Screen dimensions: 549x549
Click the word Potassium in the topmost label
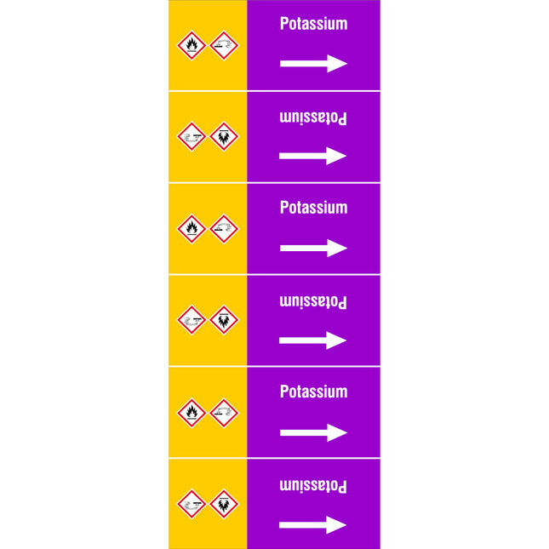[x=314, y=24]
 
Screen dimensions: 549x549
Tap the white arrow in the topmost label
[x=314, y=63]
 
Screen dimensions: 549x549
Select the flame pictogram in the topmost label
[x=192, y=45]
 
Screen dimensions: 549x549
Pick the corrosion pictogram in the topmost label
[x=224, y=45]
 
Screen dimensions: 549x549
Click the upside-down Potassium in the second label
[x=313, y=118]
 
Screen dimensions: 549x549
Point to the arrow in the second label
[x=312, y=156]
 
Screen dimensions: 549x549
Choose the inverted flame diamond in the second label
[x=224, y=136]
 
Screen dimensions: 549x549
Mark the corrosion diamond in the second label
[x=192, y=136]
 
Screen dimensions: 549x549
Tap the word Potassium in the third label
[x=314, y=208]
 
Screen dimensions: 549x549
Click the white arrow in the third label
[x=314, y=248]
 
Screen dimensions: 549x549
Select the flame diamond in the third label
[x=192, y=229]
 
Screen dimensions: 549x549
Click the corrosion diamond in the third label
[x=224, y=229]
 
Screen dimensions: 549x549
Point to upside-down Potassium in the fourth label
[x=313, y=302]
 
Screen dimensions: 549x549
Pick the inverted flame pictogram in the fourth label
[x=224, y=320]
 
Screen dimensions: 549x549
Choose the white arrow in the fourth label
[x=312, y=340]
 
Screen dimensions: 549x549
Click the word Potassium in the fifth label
[x=314, y=392]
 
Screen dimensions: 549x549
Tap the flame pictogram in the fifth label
[x=192, y=413]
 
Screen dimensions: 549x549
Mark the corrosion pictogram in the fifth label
[x=224, y=413]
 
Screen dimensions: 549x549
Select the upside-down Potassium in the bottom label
[x=313, y=486]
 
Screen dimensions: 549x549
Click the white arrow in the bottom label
[x=312, y=525]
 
